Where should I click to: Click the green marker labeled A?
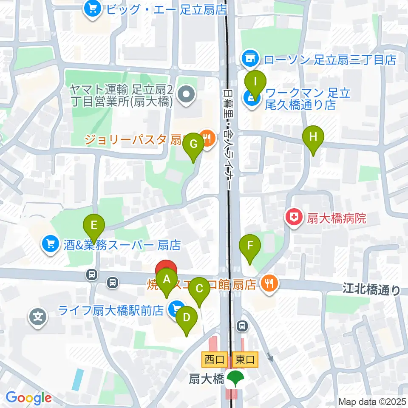[x=166, y=280]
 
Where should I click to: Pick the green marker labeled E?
[x=94, y=225]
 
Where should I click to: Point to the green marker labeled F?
[x=250, y=246]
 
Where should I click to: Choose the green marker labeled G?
[x=193, y=144]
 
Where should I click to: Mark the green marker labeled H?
[x=313, y=138]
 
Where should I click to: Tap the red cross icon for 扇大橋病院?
[x=293, y=218]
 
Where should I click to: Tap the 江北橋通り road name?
[x=371, y=290]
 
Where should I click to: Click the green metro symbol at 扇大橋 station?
[x=234, y=378]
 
